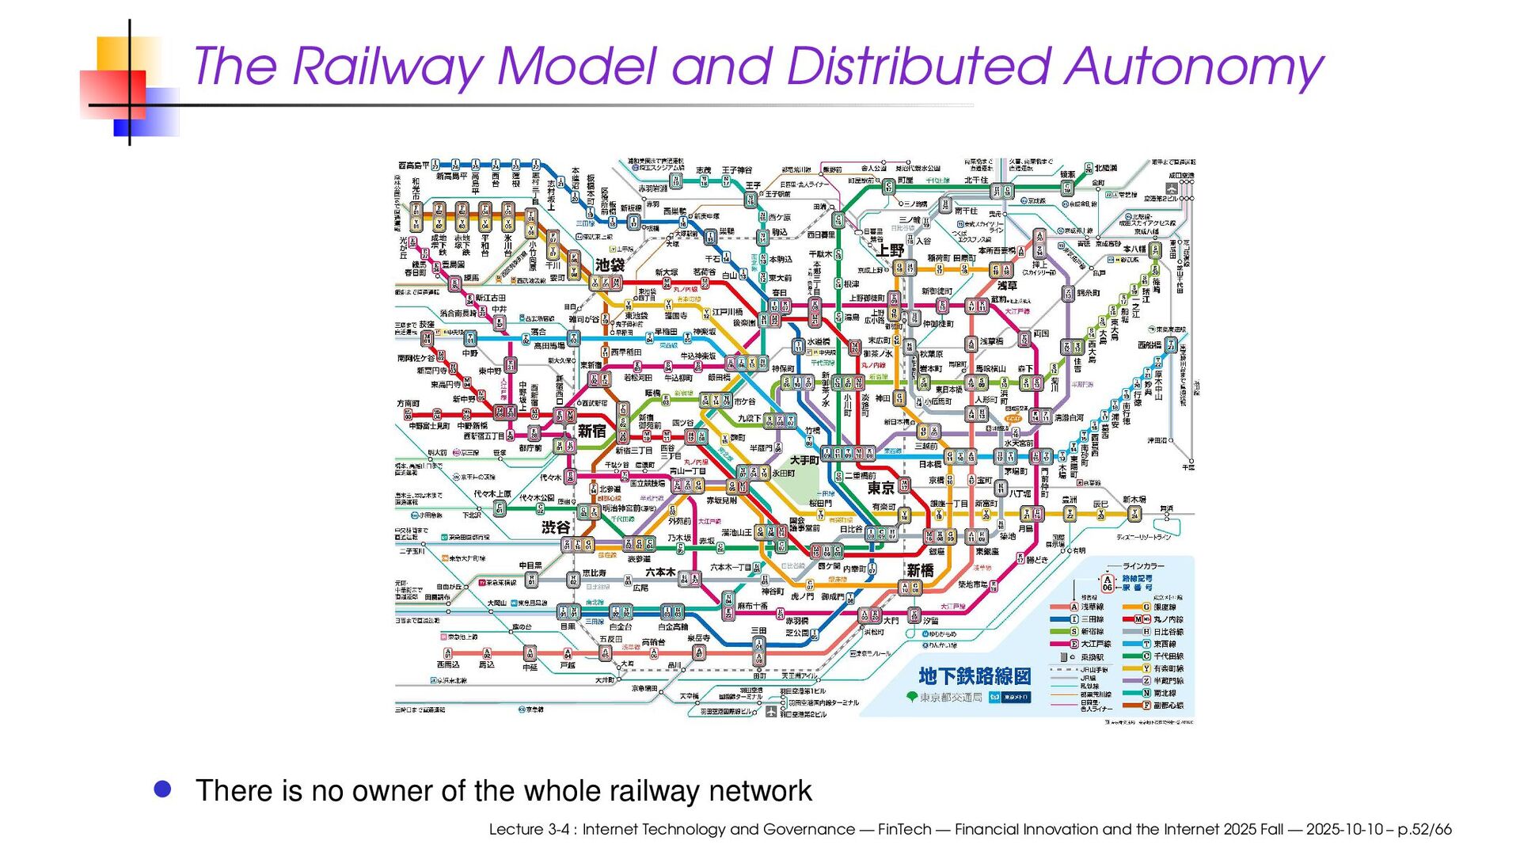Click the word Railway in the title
pyautogui.click(x=388, y=67)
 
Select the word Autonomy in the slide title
pyautogui.click(x=1193, y=67)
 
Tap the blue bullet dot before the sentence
pyautogui.click(x=163, y=789)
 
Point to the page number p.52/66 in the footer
pyautogui.click(x=1424, y=829)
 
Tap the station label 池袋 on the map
pyautogui.click(x=610, y=264)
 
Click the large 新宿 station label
pyautogui.click(x=591, y=431)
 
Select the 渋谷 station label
pyautogui.click(x=556, y=527)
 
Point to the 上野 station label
pyautogui.click(x=891, y=249)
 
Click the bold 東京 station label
pyautogui.click(x=880, y=488)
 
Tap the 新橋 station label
pyautogui.click(x=920, y=570)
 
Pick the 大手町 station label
pyautogui.click(x=804, y=460)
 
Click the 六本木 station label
pyautogui.click(x=660, y=572)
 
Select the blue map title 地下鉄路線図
pyautogui.click(x=975, y=675)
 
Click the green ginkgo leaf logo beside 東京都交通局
pyautogui.click(x=912, y=697)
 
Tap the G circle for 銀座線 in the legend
pyautogui.click(x=1146, y=607)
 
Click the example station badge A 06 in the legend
pyautogui.click(x=1108, y=584)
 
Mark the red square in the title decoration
pyautogui.click(x=113, y=94)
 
